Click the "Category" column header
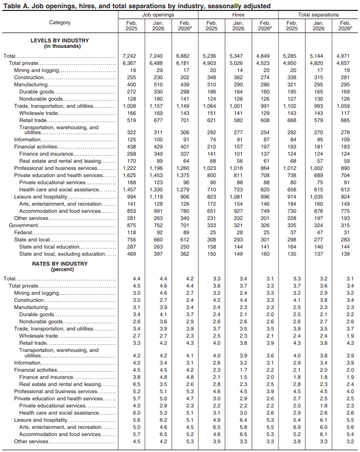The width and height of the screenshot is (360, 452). point(59,22)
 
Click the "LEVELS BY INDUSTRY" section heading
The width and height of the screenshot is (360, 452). point(60,40)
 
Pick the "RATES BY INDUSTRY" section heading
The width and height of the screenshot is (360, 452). point(60,264)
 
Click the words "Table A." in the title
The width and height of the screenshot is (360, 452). point(15,5)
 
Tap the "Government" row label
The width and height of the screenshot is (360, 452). point(16,225)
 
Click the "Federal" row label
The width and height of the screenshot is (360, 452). point(21,233)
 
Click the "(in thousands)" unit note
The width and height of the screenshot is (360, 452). point(60,46)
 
